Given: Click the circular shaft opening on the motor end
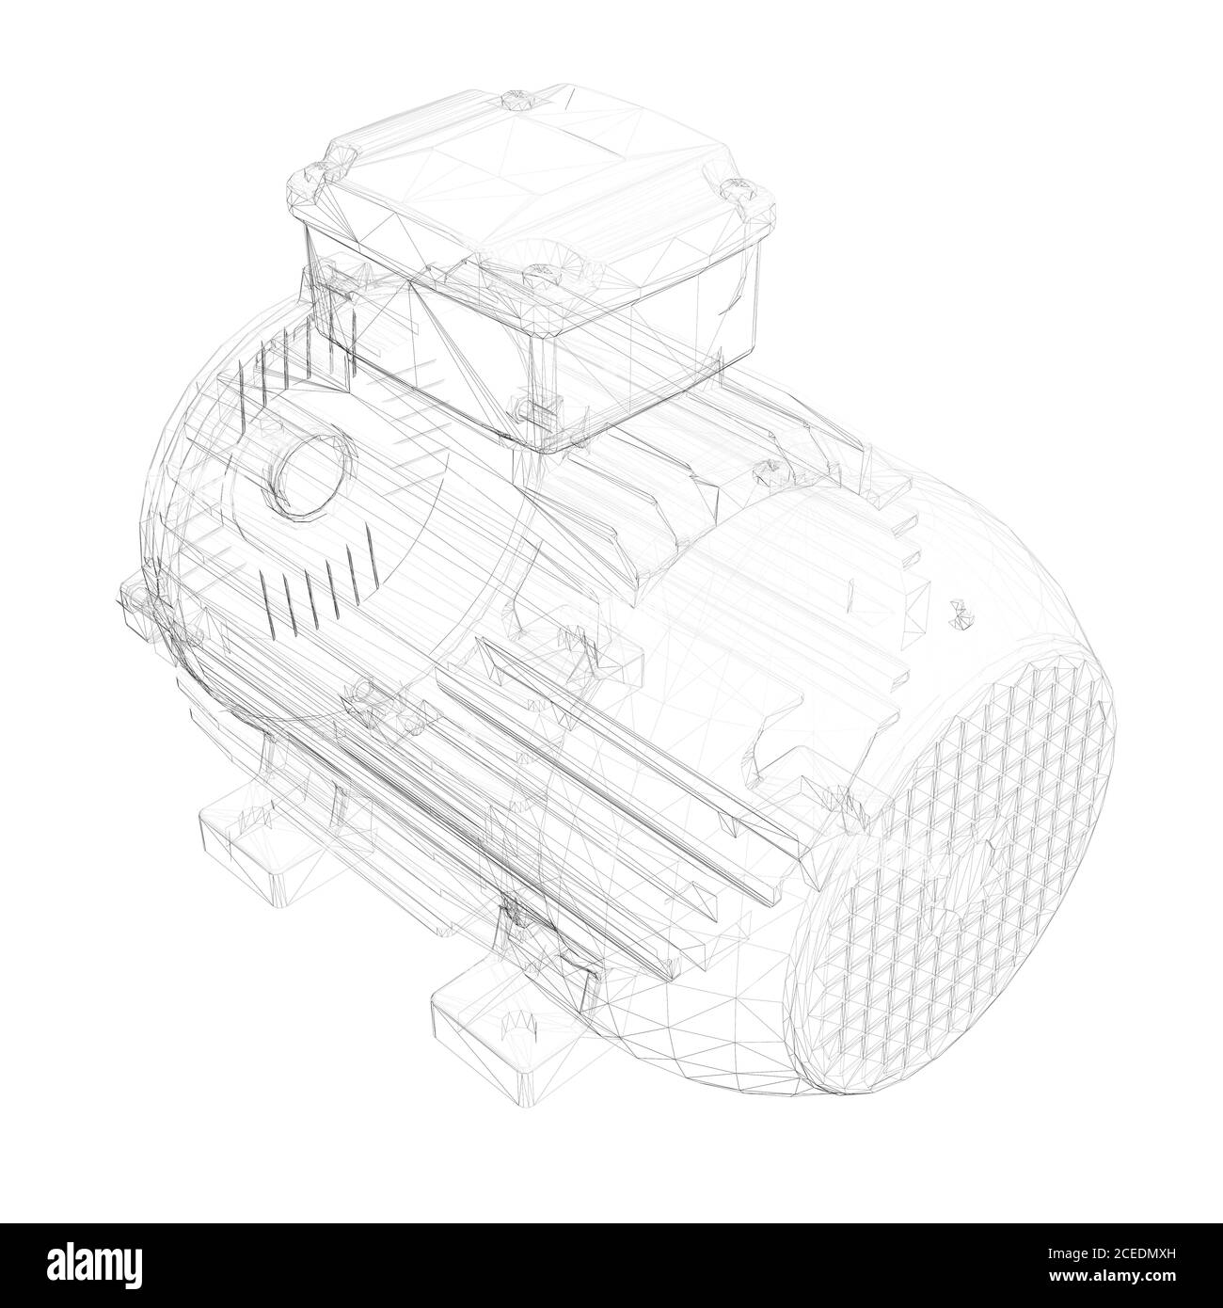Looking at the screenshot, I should pyautogui.click(x=312, y=469).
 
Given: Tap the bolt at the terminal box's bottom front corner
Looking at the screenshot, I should pyautogui.click(x=527, y=407).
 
